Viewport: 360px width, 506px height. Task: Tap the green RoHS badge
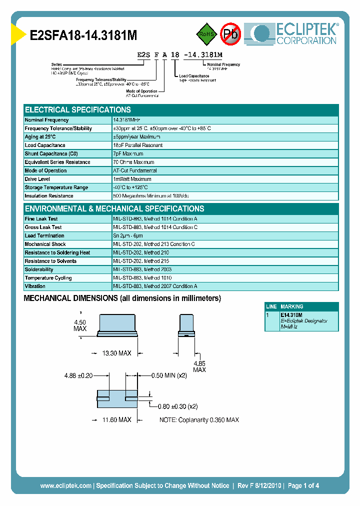tap(205, 34)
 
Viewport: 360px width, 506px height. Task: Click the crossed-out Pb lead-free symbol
tap(231, 34)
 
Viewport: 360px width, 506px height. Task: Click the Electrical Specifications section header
tap(78, 110)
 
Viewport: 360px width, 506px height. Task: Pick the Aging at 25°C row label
tap(40, 137)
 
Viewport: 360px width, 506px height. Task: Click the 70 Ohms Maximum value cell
tap(134, 162)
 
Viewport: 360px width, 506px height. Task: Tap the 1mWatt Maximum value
tap(132, 179)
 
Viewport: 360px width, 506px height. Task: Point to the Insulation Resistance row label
tap(49, 196)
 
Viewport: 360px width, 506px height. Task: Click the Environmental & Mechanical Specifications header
tap(114, 209)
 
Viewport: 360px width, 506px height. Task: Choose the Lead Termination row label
tap(44, 236)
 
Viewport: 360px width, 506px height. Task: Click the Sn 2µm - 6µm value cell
tap(128, 236)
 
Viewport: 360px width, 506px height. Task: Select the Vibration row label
tap(35, 286)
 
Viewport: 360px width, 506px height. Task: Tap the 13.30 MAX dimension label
tap(116, 353)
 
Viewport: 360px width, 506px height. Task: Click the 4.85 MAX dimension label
tap(199, 366)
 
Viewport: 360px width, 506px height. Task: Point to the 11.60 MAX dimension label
tap(116, 420)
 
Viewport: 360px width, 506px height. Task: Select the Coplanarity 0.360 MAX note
tap(199, 420)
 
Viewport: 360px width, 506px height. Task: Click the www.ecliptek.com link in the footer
tap(65, 485)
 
